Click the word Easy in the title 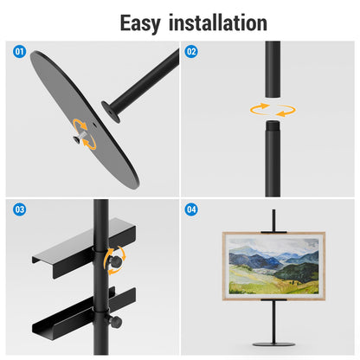(x=139, y=22)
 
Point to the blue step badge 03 (x=19, y=210)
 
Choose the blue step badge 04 (x=192, y=210)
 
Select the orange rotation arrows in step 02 (x=272, y=110)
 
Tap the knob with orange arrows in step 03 (x=113, y=260)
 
